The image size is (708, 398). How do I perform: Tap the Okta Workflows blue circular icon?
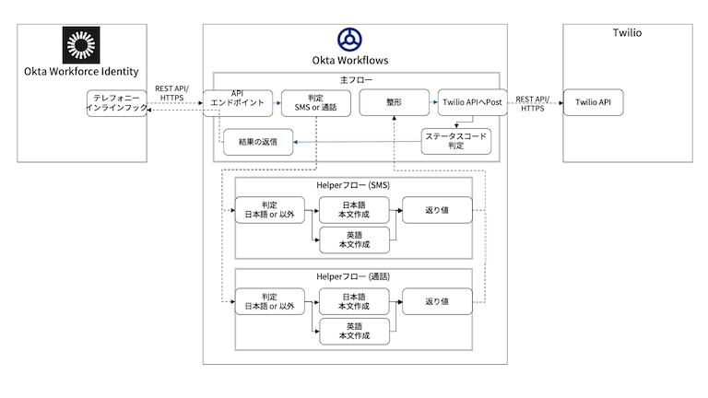[349, 40]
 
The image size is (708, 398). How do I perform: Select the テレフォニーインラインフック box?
[115, 102]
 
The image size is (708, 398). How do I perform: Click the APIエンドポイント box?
[238, 102]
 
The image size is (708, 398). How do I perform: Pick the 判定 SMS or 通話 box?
[315, 102]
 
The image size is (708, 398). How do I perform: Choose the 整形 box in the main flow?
[394, 102]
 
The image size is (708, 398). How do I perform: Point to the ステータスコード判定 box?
[456, 141]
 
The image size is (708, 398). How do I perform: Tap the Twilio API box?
[593, 102]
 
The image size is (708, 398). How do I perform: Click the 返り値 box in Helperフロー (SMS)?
[436, 210]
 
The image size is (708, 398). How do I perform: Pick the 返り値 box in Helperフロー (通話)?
[436, 302]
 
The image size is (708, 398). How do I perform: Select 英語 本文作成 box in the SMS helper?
[354, 240]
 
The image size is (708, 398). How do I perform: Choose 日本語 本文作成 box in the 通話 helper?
[354, 302]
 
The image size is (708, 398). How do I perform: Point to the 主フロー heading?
[356, 79]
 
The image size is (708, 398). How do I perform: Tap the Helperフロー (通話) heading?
[355, 275]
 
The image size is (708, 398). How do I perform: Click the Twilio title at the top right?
[627, 33]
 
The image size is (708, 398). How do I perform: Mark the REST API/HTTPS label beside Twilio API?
[533, 103]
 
